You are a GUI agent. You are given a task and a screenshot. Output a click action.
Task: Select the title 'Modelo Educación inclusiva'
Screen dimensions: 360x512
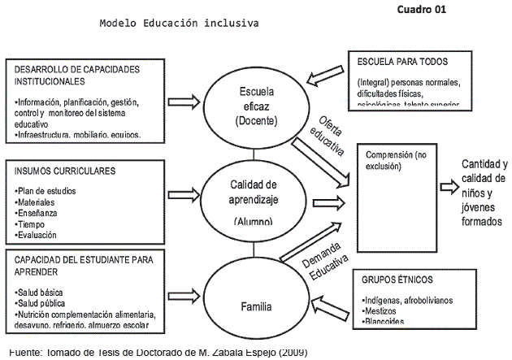(179, 24)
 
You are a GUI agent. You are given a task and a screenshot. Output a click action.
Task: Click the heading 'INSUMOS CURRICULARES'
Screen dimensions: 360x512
(65, 171)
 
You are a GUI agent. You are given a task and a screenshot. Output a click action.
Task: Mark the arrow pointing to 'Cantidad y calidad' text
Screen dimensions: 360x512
(449, 186)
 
